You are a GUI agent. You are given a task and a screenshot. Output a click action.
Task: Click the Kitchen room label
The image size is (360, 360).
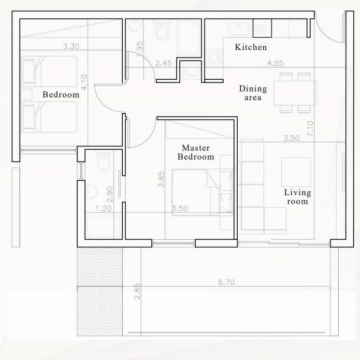click(x=251, y=47)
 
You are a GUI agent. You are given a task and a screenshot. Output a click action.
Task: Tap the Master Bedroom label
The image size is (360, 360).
click(x=196, y=152)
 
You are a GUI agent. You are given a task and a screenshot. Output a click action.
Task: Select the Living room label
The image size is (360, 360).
click(x=298, y=197)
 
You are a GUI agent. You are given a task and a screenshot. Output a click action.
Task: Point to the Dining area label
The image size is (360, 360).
click(x=253, y=93)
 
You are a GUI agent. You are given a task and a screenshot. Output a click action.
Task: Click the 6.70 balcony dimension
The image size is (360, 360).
click(x=226, y=282)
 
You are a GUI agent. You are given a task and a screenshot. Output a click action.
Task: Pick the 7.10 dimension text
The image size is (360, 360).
click(x=310, y=129)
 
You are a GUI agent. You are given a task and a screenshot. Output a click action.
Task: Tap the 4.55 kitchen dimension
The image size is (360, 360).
click(x=275, y=63)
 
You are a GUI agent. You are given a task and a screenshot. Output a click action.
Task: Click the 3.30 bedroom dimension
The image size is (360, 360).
click(x=71, y=46)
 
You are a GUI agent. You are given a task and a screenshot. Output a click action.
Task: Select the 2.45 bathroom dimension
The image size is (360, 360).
click(x=163, y=63)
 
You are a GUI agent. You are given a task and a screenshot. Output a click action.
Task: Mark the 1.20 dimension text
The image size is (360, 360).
click(x=103, y=208)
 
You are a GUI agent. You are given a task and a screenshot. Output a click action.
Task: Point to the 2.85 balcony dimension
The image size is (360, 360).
click(x=137, y=291)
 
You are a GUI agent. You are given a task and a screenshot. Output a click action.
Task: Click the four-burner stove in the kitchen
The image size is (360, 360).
click(x=214, y=57)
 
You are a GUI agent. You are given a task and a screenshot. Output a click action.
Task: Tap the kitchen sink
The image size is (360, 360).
click(x=239, y=29)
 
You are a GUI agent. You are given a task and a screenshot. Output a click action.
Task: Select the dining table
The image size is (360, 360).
click(x=295, y=93)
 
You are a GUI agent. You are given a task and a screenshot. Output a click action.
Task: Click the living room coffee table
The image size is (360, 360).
click(x=296, y=172)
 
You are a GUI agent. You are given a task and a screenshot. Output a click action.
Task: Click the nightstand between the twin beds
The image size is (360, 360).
click(x=27, y=94)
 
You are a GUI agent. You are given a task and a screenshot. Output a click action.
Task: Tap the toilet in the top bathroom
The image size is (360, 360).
click(x=162, y=30)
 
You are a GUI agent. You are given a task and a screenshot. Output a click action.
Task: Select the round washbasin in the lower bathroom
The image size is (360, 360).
click(x=91, y=191)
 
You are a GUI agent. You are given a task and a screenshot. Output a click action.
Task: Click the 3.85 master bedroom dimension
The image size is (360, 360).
click(x=161, y=179)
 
